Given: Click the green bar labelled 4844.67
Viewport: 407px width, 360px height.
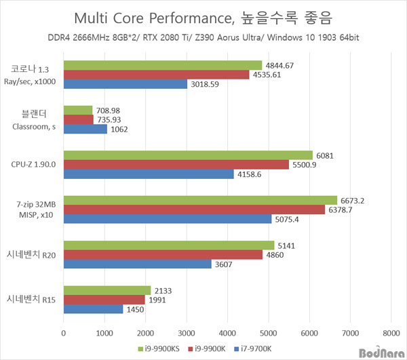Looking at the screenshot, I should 163,65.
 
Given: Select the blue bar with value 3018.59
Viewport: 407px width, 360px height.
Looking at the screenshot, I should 125,84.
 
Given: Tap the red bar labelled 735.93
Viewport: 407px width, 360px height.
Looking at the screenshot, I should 79,119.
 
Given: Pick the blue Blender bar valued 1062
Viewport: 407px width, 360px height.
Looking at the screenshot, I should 85,129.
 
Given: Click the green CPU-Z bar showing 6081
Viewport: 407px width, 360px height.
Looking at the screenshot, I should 188,155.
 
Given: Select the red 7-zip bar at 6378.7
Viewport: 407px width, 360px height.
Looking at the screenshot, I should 194,209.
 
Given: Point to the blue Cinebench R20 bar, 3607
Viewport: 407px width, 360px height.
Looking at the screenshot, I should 137,264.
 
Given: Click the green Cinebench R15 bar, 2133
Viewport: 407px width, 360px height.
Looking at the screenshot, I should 107,290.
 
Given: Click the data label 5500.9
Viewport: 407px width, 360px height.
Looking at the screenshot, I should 306,165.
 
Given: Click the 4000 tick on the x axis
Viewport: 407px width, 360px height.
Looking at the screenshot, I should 227,334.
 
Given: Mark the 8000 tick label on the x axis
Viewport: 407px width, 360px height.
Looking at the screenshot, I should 391,334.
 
